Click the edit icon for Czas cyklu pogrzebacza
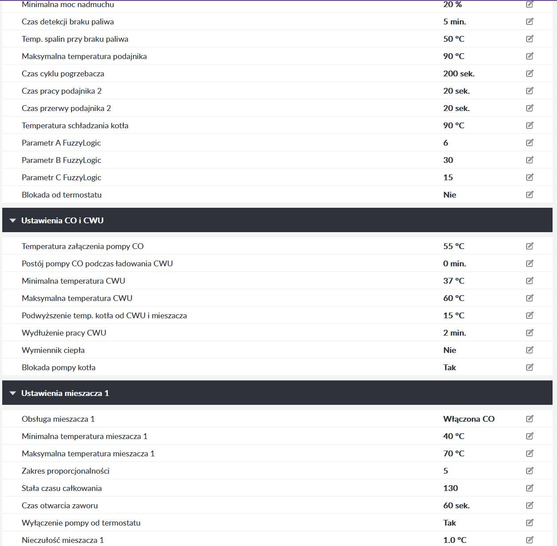pyautogui.click(x=529, y=73)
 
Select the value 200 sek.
pyautogui.click(x=458, y=74)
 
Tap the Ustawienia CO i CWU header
pyautogui.click(x=63, y=220)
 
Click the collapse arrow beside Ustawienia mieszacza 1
pyautogui.click(x=13, y=393)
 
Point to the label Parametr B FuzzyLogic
pyautogui.click(x=61, y=160)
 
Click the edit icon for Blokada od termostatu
pyautogui.click(x=529, y=194)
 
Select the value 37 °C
pyautogui.click(x=454, y=281)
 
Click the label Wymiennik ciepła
pyautogui.click(x=53, y=350)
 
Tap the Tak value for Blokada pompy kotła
pyautogui.click(x=449, y=368)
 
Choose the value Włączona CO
pyautogui.click(x=468, y=419)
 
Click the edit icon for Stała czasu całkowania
pyautogui.click(x=529, y=488)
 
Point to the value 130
pyautogui.click(x=450, y=488)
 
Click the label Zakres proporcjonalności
pyautogui.click(x=65, y=471)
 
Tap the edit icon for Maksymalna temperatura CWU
pyautogui.click(x=529, y=298)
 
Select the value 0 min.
pyautogui.click(x=454, y=264)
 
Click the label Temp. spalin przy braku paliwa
pyautogui.click(x=75, y=39)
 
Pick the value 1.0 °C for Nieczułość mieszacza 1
pyautogui.click(x=454, y=540)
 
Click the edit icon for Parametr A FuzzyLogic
pyautogui.click(x=529, y=142)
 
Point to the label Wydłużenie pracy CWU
pyautogui.click(x=64, y=333)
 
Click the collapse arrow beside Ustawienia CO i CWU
pyautogui.click(x=13, y=221)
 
